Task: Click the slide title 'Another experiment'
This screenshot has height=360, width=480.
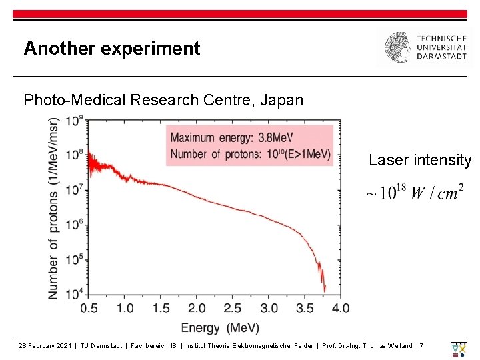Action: click(111, 49)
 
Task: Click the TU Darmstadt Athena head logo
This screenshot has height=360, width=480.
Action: click(398, 48)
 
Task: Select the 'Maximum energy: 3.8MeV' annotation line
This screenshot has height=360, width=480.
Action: click(231, 137)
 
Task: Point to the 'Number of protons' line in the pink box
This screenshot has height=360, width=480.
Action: click(250, 155)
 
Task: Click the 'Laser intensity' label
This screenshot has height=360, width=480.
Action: click(420, 160)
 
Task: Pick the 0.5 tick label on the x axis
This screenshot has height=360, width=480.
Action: click(89, 308)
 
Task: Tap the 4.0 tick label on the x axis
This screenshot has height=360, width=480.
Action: click(340, 308)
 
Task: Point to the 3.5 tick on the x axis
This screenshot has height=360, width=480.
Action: click(304, 308)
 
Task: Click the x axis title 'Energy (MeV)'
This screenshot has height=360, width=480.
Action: click(220, 328)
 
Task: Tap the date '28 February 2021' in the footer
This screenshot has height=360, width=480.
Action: click(45, 346)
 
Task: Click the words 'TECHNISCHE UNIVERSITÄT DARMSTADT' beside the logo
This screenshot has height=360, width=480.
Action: click(441, 48)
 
